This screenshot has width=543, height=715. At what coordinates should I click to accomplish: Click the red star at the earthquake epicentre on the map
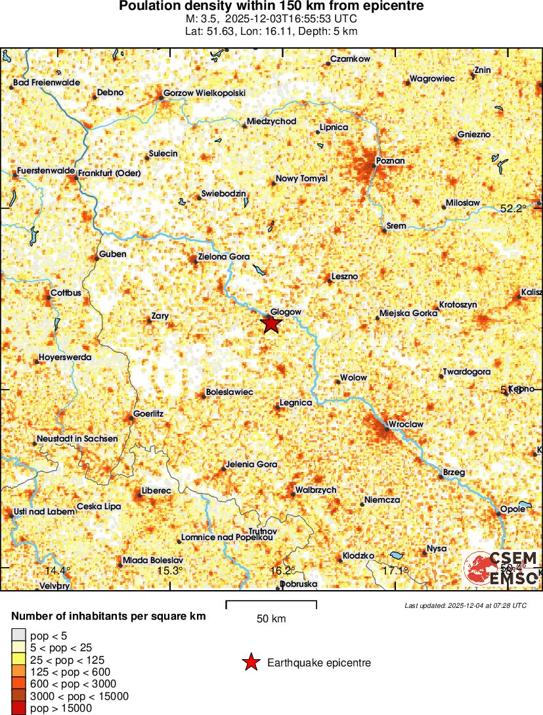point(271,323)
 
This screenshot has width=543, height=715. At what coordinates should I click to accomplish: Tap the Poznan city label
point(390,160)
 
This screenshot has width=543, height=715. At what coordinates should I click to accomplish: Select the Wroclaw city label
point(406,425)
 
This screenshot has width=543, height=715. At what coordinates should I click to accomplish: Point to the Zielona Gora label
point(224,256)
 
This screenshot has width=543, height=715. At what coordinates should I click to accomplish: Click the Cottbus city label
point(66,292)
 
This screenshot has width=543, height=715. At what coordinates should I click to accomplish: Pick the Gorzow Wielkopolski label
point(204,93)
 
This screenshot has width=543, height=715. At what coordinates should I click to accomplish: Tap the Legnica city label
point(295,403)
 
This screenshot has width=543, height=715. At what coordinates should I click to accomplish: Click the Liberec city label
point(156,491)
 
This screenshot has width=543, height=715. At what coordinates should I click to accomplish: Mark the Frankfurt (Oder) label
point(110,173)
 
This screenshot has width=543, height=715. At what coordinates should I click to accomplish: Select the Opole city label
point(512,509)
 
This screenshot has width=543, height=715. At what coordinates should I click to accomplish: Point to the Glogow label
point(286,312)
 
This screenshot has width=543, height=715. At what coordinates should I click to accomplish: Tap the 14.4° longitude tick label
point(57,570)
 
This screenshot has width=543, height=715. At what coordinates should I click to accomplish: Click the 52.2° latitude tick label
point(513,209)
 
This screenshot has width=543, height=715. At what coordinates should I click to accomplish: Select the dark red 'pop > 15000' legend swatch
point(19,708)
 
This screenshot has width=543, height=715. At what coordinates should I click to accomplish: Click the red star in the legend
point(250,663)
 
